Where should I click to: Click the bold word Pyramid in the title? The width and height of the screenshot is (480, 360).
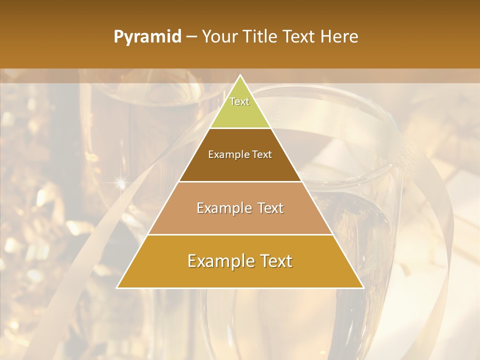[x=147, y=37]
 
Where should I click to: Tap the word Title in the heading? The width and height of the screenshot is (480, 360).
[x=261, y=37]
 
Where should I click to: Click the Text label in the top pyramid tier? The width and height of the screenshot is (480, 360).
[x=239, y=101]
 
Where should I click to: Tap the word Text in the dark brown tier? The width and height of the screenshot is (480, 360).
[x=262, y=155]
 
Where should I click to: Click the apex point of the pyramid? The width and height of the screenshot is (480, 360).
[x=240, y=75]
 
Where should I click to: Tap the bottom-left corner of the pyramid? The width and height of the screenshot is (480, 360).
[x=117, y=287]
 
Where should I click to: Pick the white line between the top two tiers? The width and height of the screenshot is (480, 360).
[x=240, y=128]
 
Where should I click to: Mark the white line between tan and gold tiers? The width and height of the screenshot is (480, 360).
[x=240, y=234]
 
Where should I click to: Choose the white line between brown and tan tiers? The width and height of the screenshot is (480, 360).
[x=240, y=181]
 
